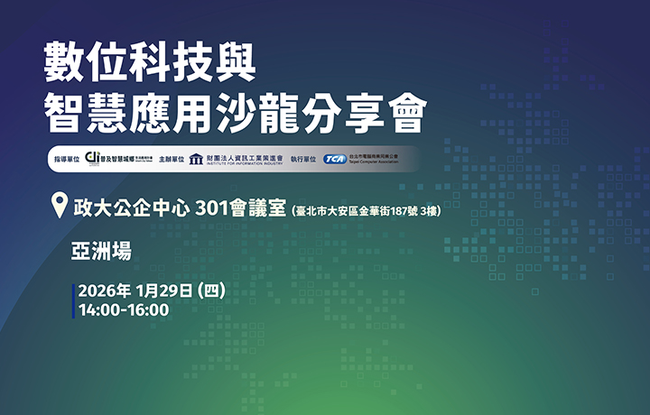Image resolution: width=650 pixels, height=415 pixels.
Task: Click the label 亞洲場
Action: pyautogui.click(x=102, y=250)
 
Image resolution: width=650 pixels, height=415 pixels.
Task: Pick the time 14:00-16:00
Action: pyautogui.click(x=124, y=310)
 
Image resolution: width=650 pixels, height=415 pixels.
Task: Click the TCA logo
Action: pyautogui.click(x=335, y=160)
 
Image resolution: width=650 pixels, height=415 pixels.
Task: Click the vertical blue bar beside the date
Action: pyautogui.click(x=74, y=301)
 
